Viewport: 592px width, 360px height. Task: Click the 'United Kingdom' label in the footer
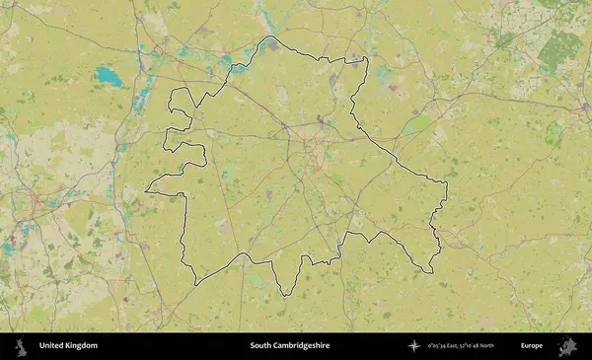tap(68, 346)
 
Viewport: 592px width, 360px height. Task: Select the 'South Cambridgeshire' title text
tap(289, 346)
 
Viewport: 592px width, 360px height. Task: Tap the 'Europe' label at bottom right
tap(532, 346)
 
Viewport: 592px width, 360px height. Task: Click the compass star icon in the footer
tap(415, 346)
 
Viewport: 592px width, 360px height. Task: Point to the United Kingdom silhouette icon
tap(21, 346)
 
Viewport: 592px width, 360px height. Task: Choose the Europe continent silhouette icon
tap(567, 346)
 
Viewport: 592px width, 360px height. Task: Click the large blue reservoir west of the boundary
tap(110, 76)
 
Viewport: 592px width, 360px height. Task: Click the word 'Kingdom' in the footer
tap(82, 346)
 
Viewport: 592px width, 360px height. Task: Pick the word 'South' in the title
tap(259, 346)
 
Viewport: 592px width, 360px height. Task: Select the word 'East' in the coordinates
tap(454, 346)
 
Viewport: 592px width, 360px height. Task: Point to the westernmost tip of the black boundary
tap(146, 190)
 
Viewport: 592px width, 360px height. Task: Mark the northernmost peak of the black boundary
tap(270, 37)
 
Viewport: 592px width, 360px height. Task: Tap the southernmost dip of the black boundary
tap(284, 295)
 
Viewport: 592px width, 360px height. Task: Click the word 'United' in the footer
tap(52, 346)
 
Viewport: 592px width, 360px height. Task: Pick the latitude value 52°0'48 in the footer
tap(477, 346)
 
